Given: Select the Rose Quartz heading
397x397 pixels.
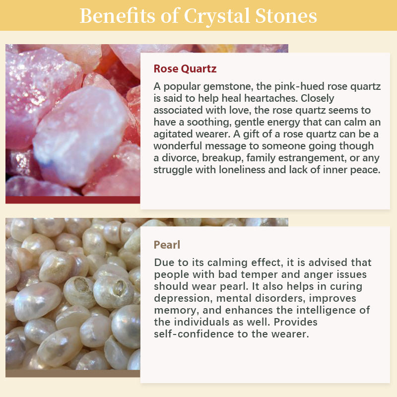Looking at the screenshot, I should pos(185,68).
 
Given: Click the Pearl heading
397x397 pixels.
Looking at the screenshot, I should pos(167,245).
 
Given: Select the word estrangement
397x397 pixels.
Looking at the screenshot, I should pos(304,158).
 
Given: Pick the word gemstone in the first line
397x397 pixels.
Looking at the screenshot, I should pos(220,86).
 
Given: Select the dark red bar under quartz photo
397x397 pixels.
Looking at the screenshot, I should pos(72,200).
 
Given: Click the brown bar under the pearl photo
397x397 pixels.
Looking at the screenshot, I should pos(72,373).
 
